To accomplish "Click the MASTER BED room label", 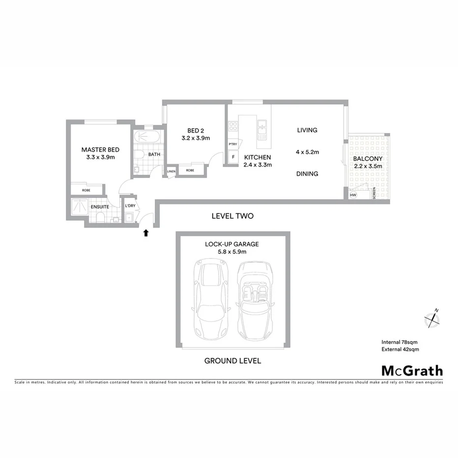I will click(100, 149).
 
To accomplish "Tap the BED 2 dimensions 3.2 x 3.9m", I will click(196, 138).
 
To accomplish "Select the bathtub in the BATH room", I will click(147, 137).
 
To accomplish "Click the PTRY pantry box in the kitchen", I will click(233, 144).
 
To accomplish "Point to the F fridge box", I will click(233, 157).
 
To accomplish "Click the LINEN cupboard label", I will click(171, 171).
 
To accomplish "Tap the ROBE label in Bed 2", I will click(189, 171).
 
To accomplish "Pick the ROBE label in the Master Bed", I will click(86, 190).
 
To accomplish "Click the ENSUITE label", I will click(99, 207).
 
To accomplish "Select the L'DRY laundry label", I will click(130, 205).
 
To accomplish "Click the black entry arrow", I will click(145, 233).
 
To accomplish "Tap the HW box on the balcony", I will click(353, 195).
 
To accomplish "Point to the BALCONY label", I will click(368, 159).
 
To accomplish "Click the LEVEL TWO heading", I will click(232, 216).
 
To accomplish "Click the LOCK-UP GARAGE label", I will click(232, 244).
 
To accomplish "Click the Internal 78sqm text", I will click(400, 342).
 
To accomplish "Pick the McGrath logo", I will click(412, 371).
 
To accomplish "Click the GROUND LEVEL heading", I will click(232, 361).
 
